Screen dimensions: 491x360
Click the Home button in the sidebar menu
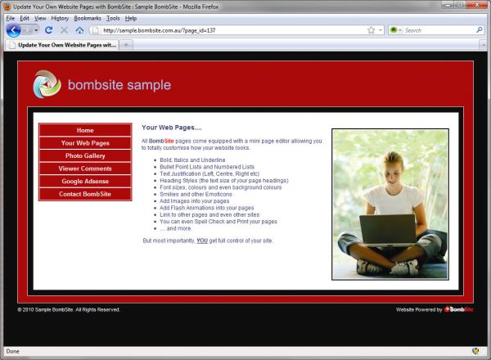click(85, 130)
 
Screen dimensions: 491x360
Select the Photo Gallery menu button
click(85, 155)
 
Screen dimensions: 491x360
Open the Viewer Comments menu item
click(85, 169)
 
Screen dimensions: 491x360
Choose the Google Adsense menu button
click(85, 182)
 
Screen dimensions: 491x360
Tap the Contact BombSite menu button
click(85, 194)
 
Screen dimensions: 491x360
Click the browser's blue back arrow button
click(13, 30)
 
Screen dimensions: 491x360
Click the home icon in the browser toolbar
click(79, 30)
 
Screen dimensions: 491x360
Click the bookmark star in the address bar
click(371, 30)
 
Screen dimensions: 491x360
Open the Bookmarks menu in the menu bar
click(88, 18)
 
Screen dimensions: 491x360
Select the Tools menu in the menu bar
click(113, 18)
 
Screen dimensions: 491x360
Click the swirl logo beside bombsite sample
click(47, 84)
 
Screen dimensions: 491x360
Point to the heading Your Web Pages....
click(172, 128)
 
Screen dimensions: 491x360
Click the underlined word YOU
click(202, 241)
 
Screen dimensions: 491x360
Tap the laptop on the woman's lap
click(388, 229)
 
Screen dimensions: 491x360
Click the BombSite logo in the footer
click(459, 309)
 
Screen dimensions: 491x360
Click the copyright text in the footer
click(69, 309)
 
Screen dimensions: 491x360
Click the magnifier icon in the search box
click(479, 30)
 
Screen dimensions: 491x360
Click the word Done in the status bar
click(13, 351)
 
